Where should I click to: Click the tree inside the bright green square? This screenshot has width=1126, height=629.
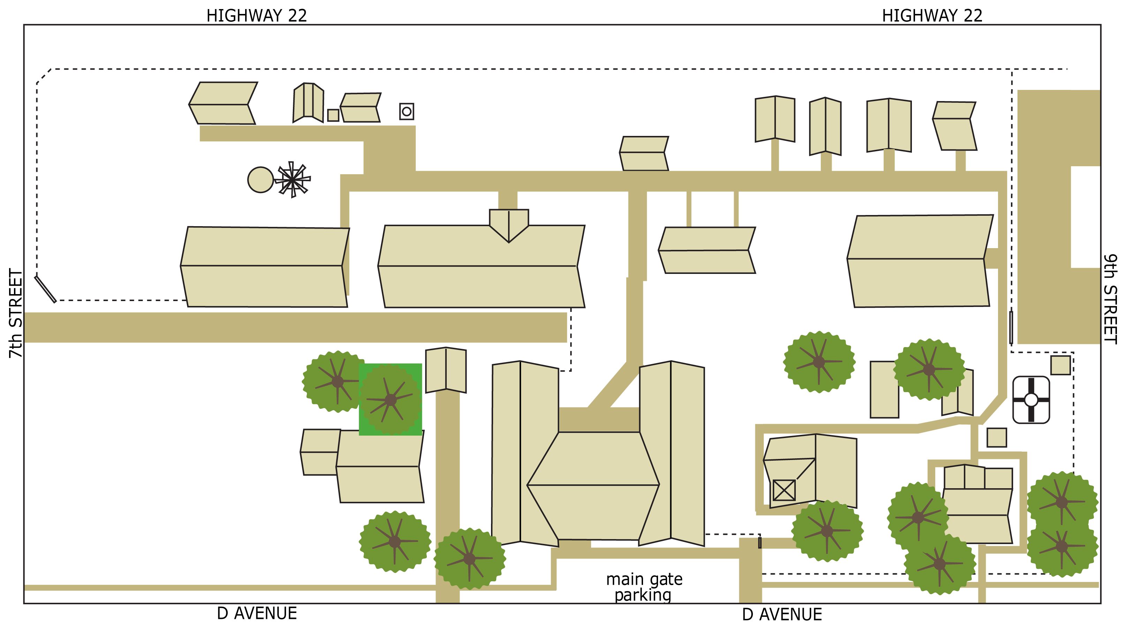click(x=390, y=400)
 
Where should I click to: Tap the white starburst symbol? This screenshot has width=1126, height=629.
click(x=293, y=179)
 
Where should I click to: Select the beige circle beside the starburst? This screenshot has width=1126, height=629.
click(x=260, y=179)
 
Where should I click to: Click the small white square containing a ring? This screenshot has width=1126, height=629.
click(x=407, y=112)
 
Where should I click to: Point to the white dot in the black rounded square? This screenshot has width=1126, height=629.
click(x=1031, y=399)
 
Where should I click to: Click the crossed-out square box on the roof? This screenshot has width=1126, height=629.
click(x=784, y=490)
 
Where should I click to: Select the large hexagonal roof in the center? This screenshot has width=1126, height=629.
click(x=593, y=485)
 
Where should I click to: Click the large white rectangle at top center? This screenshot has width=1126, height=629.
click(x=577, y=103)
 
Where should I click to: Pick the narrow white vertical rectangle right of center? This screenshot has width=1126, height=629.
click(x=769, y=319)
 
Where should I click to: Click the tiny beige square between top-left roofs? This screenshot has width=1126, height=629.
click(x=333, y=115)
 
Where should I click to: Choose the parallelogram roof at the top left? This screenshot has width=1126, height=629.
click(x=222, y=103)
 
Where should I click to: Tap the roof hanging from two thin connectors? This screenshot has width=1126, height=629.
click(x=707, y=250)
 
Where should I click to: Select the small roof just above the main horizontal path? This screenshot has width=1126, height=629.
click(x=643, y=153)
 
